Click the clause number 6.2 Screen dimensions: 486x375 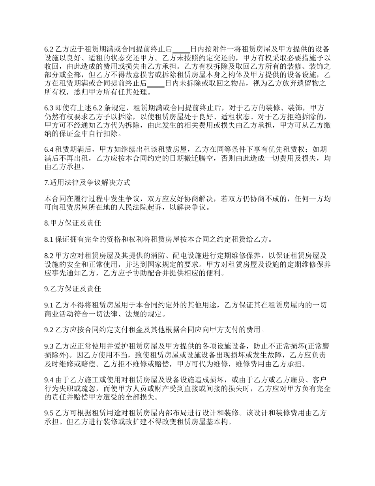coord(49,49)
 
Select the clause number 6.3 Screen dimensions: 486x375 coord(49,108)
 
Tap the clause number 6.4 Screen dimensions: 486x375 coord(49,149)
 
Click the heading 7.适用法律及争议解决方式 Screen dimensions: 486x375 coord(87,183)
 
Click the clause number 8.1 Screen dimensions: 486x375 coord(49,239)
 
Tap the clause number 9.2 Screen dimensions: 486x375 coord(49,330)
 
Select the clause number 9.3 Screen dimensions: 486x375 coord(49,346)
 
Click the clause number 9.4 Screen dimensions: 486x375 coord(49,380)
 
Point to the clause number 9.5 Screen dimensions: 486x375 coord(49,413)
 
